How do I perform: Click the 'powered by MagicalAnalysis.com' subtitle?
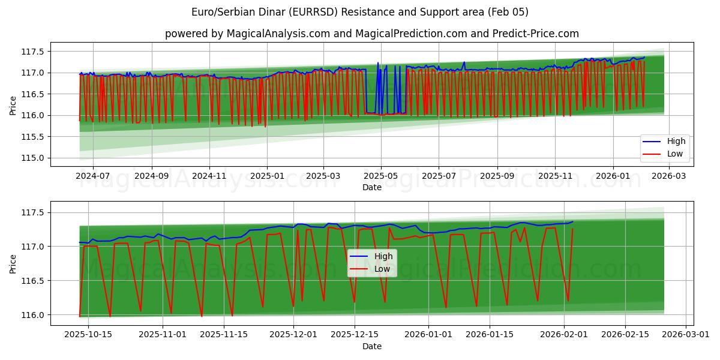[x=371, y=34]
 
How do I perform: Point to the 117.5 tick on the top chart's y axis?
[x=33, y=52]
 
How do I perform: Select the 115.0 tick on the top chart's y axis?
[x=33, y=158]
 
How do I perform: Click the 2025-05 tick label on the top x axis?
[x=380, y=176]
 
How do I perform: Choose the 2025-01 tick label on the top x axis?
[x=267, y=176]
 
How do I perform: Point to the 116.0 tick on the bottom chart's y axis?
[x=33, y=315]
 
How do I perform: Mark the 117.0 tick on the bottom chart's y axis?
[x=33, y=247]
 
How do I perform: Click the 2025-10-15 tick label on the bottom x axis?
[x=88, y=335]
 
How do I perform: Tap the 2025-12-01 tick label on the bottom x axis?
[x=293, y=335]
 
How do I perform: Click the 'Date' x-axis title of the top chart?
[x=372, y=187]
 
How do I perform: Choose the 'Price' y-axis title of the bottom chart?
[x=13, y=263]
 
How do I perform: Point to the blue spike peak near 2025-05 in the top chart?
[x=378, y=63]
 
